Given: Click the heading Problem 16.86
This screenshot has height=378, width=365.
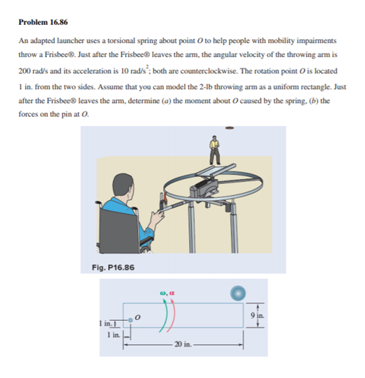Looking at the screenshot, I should pyautogui.click(x=43, y=22).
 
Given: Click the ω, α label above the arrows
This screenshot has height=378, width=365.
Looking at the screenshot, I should pyautogui.click(x=168, y=291).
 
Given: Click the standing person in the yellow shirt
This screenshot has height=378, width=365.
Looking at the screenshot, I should pyautogui.click(x=214, y=150).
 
